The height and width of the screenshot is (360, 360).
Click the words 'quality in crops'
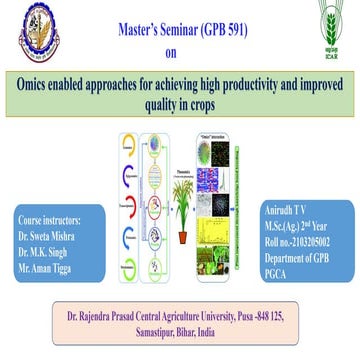(180, 100)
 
